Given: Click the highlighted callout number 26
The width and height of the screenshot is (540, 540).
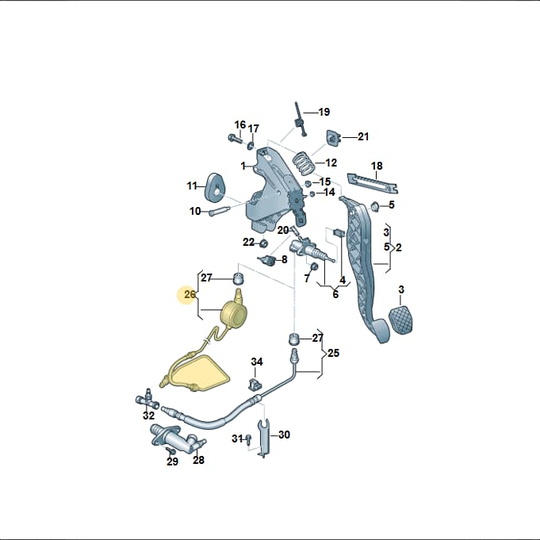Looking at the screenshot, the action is (x=190, y=295).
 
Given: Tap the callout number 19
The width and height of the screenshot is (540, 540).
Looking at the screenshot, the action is (x=324, y=112).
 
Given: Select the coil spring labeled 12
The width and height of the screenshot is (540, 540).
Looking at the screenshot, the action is (x=304, y=163).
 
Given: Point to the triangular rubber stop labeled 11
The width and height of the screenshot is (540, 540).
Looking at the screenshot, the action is (x=215, y=189).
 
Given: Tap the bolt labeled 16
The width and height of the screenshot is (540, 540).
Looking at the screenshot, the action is (x=236, y=139).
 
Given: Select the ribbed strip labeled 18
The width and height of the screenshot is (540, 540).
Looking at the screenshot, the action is (x=372, y=183).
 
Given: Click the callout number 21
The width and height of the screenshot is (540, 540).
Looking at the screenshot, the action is (x=363, y=136).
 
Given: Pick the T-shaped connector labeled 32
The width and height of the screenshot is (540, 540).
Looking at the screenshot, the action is (x=147, y=400).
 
